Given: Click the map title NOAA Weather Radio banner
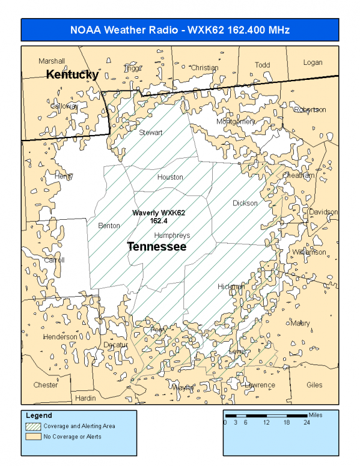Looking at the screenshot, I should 180,30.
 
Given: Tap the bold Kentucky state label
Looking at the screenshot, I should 73,74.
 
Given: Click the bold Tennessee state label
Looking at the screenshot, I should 156,247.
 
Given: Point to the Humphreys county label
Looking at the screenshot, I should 172,235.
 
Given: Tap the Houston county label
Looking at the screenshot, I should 170,177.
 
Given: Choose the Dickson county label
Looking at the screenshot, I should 245,203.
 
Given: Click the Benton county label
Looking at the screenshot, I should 109,226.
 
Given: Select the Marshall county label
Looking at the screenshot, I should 52,61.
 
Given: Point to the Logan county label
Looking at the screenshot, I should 313,62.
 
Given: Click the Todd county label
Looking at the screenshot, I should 263,65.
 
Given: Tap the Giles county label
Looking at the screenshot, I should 314,385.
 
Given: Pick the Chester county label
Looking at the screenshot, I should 46,385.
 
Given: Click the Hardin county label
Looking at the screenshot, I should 85,398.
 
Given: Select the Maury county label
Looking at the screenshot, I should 301,323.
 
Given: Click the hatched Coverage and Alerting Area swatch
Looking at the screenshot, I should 32,426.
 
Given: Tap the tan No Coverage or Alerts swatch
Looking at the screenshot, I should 32,437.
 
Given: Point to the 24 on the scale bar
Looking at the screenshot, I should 306,423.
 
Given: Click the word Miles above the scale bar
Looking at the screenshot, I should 316,414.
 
